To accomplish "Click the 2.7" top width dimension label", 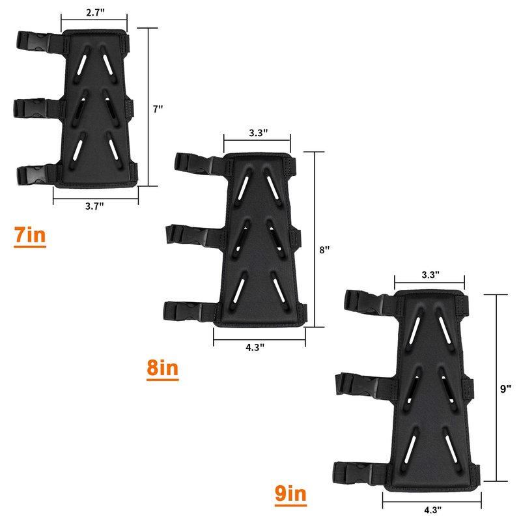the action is click(x=95, y=12).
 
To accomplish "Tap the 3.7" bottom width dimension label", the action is click(x=94, y=206).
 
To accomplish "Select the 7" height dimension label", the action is click(x=158, y=109).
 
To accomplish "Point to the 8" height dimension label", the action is click(x=324, y=249).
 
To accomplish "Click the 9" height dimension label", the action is click(x=505, y=389).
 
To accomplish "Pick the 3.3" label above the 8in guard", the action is click(x=258, y=133).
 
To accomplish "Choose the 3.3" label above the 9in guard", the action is click(x=430, y=275).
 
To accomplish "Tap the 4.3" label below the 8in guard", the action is click(x=255, y=347).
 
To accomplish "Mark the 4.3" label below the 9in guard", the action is click(x=432, y=509).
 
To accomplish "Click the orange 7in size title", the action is click(x=30, y=235).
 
